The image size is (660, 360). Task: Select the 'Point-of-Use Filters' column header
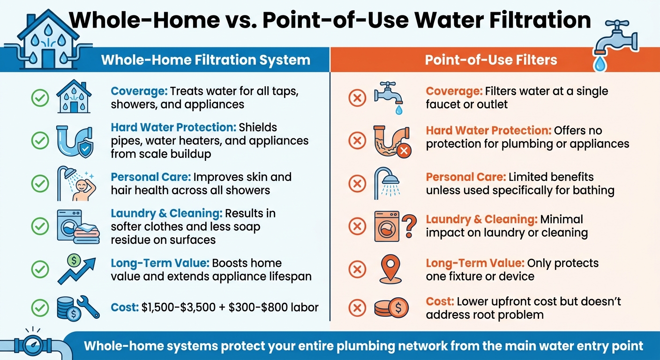491,60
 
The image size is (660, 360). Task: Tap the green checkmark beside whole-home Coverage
40,97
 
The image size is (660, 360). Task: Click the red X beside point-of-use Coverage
357,97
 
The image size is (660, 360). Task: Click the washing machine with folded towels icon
77,226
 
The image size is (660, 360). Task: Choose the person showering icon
76,183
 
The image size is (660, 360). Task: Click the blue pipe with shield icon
75,141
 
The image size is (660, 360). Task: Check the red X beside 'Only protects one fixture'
357,269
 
